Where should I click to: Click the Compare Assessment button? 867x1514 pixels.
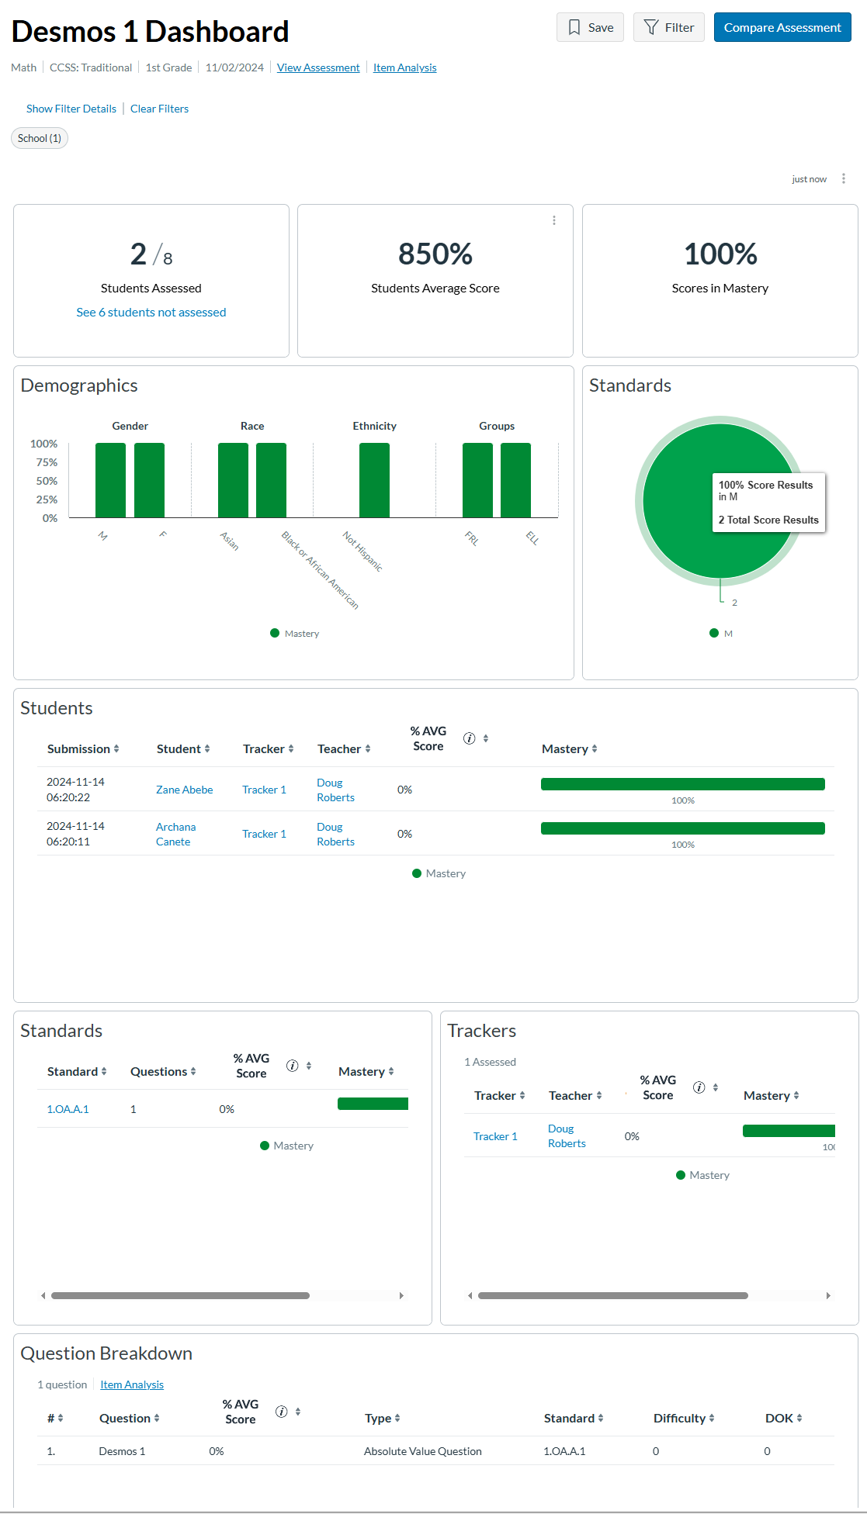[x=782, y=28]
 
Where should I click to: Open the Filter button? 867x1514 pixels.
[x=668, y=28]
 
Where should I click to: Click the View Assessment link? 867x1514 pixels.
[x=318, y=67]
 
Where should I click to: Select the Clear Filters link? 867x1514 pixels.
[x=159, y=109]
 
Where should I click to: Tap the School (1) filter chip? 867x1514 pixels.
[x=40, y=138]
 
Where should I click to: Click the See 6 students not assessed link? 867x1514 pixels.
[x=151, y=312]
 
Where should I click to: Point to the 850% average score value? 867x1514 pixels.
[x=435, y=254]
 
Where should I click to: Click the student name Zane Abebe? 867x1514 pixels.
[x=184, y=790]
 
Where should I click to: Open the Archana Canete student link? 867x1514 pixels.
[x=175, y=834]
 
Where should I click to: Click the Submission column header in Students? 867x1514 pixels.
[x=82, y=748]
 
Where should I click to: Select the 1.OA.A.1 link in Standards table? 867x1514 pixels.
[x=68, y=1109]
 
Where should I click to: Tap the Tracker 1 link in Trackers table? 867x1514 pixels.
[x=495, y=1136]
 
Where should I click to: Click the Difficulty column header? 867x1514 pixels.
[x=683, y=1418]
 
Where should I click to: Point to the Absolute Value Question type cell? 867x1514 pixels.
[x=423, y=1451]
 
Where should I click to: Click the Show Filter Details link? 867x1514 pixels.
[x=71, y=109]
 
